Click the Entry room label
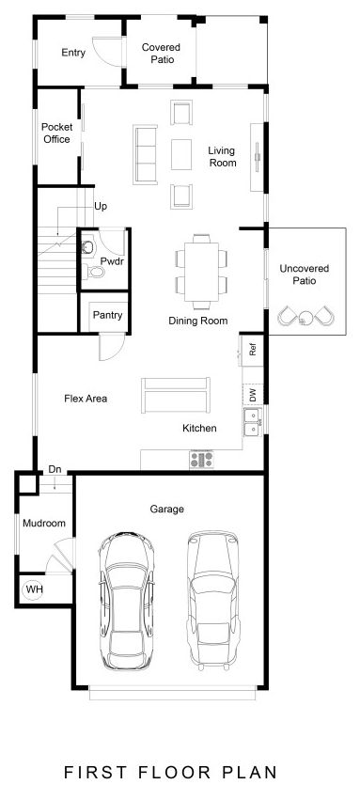click(x=73, y=53)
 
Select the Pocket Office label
click(x=56, y=133)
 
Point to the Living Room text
click(x=222, y=156)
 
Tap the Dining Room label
click(x=198, y=321)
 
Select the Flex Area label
click(x=86, y=398)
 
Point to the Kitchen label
click(x=199, y=429)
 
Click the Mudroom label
click(x=43, y=523)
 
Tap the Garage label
click(x=166, y=509)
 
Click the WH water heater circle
click(x=34, y=589)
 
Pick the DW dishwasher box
click(x=252, y=395)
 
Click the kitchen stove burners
click(x=202, y=460)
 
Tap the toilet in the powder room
click(x=96, y=272)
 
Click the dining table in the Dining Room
click(x=201, y=271)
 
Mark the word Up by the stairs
click(x=100, y=205)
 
